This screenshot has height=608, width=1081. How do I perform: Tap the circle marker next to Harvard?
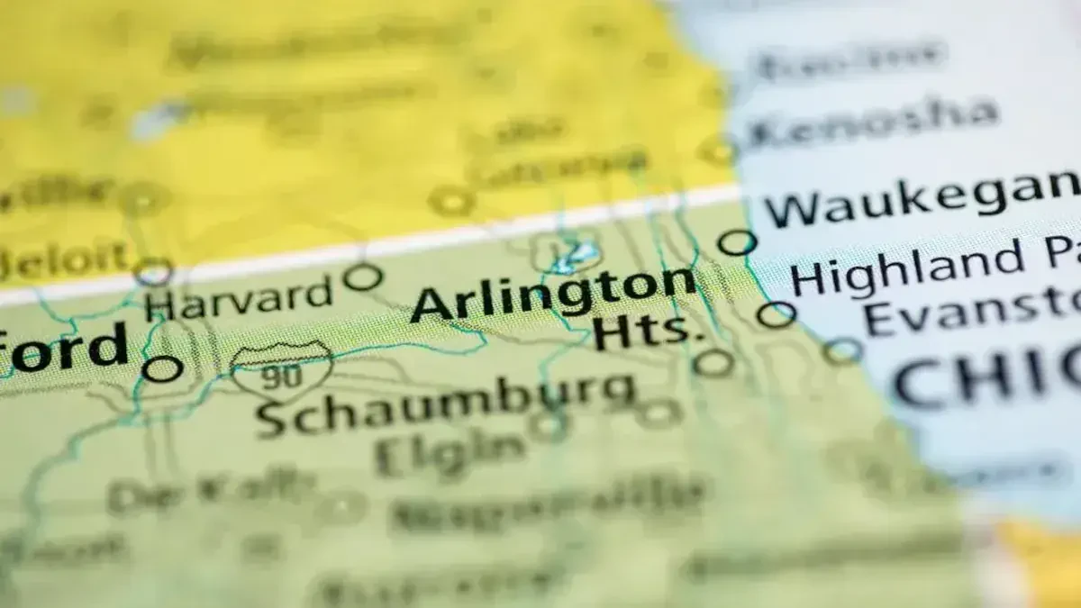[362, 277]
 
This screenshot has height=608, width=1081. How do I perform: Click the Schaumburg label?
[445, 399]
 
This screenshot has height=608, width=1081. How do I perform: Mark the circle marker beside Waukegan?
[738, 242]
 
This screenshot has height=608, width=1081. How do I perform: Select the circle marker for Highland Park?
[776, 314]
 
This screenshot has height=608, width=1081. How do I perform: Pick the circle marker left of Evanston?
[842, 350]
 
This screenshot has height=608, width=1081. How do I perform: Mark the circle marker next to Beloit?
[153, 271]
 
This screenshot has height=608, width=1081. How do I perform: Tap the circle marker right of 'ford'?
[163, 368]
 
